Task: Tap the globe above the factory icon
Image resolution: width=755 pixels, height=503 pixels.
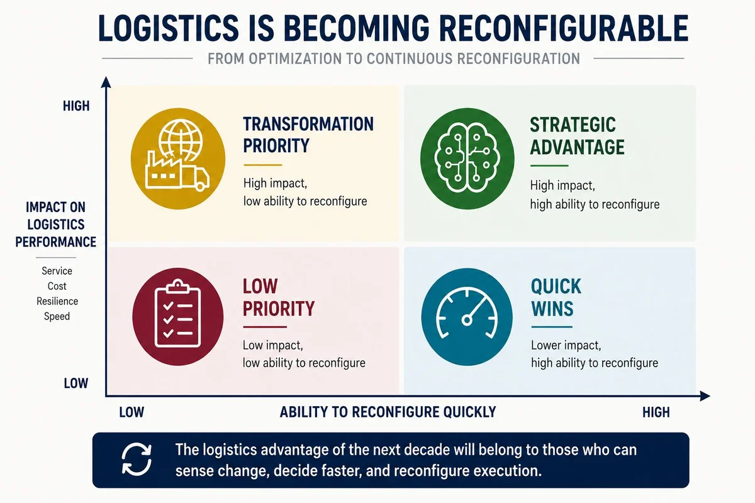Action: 181,140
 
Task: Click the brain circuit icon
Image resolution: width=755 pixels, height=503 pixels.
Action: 467,158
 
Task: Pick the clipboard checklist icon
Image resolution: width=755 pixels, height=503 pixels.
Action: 177,314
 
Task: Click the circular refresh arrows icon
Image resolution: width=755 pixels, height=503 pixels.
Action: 137,460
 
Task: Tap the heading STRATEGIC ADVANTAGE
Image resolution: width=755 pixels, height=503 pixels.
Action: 577,136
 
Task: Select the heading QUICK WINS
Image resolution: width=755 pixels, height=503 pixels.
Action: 556,297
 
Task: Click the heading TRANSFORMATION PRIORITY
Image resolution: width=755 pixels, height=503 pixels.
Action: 308,135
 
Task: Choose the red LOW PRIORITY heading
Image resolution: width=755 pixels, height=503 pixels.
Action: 278,297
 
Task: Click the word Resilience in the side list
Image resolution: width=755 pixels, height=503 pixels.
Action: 57,301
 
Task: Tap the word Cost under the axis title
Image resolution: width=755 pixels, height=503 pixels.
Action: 57,286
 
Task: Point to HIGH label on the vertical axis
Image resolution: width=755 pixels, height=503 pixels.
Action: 76,106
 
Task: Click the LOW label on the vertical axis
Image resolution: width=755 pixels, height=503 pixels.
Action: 76,384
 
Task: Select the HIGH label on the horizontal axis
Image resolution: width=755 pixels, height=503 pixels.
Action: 656,412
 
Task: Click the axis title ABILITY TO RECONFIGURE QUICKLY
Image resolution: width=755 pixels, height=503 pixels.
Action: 388,412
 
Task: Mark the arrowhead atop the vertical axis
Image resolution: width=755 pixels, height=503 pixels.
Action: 106,82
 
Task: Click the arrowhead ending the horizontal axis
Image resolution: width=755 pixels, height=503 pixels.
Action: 705,396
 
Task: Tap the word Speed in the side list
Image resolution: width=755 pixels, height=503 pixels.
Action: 57,317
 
